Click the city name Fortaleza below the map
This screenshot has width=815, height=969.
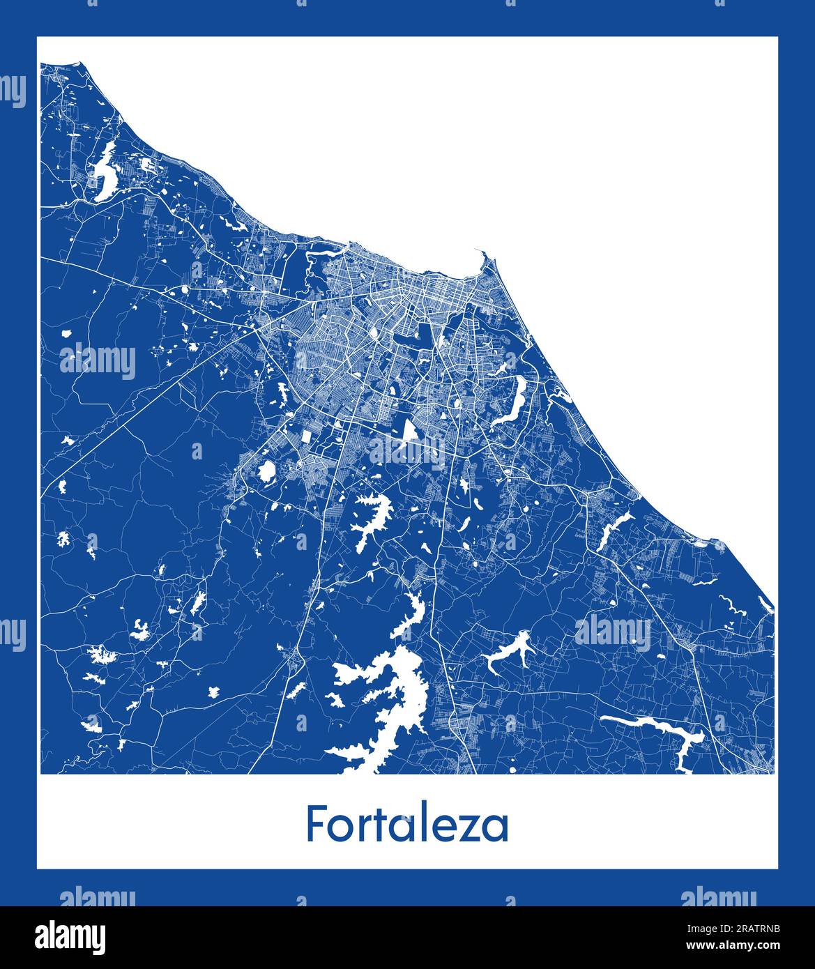(x=407, y=825)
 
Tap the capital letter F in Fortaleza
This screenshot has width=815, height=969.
(x=315, y=824)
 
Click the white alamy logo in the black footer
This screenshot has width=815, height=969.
(x=70, y=936)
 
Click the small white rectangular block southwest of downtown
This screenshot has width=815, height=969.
(x=305, y=437)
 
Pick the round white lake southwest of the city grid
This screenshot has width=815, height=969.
(x=265, y=472)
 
